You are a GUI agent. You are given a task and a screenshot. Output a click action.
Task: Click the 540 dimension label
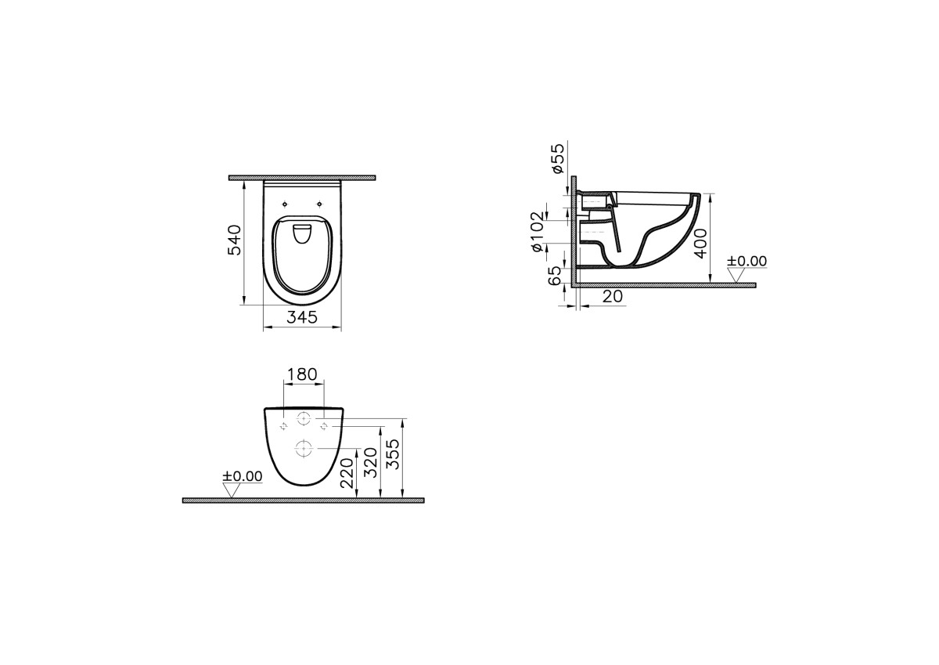tap(234, 240)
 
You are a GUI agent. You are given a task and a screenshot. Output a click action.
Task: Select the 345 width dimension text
tap(301, 317)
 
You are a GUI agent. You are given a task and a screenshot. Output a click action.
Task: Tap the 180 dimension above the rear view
tap(303, 374)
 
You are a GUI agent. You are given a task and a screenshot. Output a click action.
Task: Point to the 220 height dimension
tap(347, 473)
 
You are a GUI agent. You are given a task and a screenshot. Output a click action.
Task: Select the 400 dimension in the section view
tap(701, 244)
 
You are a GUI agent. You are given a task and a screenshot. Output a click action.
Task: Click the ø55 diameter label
tap(557, 158)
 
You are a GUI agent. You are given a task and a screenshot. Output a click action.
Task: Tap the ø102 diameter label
tap(537, 232)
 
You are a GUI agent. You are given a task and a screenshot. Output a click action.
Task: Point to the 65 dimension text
tap(555, 275)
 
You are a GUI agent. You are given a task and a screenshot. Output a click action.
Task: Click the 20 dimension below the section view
tap(613, 296)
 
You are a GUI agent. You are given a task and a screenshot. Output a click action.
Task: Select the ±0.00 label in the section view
tap(747, 261)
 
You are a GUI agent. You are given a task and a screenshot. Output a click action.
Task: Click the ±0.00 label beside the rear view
tap(242, 475)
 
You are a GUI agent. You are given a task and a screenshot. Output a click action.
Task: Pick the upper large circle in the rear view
tap(304, 419)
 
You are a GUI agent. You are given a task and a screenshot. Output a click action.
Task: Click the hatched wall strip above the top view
tap(302, 178)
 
